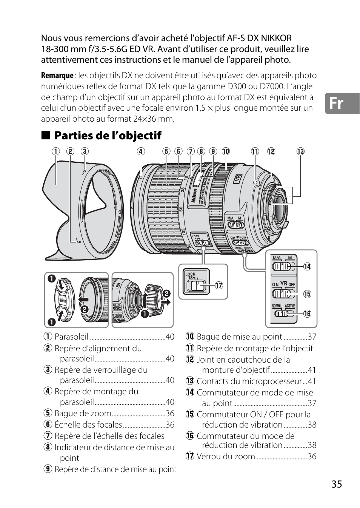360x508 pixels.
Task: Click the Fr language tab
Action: pyautogui.click(x=342, y=103)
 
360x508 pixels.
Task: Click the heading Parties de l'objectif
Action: pyautogui.click(x=108, y=136)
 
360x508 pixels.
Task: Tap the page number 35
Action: pyautogui.click(x=337, y=484)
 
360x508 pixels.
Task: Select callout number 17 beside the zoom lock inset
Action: pyautogui.click(x=219, y=286)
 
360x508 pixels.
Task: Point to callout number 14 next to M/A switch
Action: pyautogui.click(x=307, y=267)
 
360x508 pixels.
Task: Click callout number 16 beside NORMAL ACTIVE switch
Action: pyautogui.click(x=307, y=313)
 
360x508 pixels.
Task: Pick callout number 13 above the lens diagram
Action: pyautogui.click(x=300, y=151)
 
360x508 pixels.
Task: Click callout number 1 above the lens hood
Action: pyautogui.click(x=56, y=151)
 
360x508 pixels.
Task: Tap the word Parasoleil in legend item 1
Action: pyautogui.click(x=71, y=337)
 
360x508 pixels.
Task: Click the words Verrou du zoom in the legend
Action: pyautogui.click(x=226, y=456)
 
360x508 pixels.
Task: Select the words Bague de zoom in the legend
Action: pyautogui.click(x=83, y=414)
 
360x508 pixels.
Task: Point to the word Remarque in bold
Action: pyautogui.click(x=57, y=76)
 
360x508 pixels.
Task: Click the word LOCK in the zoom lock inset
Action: pyautogui.click(x=191, y=274)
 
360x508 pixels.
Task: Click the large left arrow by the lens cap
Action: pyautogui.click(x=83, y=300)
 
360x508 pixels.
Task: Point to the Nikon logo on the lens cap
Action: pyautogui.click(x=63, y=300)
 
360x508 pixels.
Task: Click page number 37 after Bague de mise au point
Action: pyautogui.click(x=312, y=337)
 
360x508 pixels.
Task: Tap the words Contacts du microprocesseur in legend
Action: pyautogui.click(x=249, y=381)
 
